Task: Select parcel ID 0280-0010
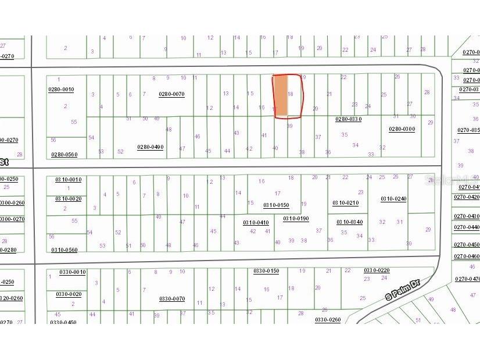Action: click(x=61, y=90)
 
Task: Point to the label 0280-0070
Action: click(x=171, y=94)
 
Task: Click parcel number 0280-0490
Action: click(x=150, y=147)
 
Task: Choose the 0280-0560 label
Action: click(x=64, y=155)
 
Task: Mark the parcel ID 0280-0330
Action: click(x=349, y=119)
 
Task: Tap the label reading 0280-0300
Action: click(x=402, y=129)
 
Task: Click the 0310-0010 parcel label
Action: click(x=69, y=180)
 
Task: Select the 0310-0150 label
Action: click(x=276, y=205)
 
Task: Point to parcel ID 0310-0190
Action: click(x=296, y=219)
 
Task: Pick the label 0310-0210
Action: click(x=345, y=203)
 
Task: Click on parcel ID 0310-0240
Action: click(x=393, y=199)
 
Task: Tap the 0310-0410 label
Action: click(x=256, y=223)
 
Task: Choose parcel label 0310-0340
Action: click(x=350, y=222)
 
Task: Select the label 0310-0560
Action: click(x=65, y=250)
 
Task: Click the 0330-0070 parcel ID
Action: click(x=172, y=299)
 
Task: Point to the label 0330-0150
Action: click(x=266, y=271)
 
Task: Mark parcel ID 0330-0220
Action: click(x=377, y=270)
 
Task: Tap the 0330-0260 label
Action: click(x=328, y=320)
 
